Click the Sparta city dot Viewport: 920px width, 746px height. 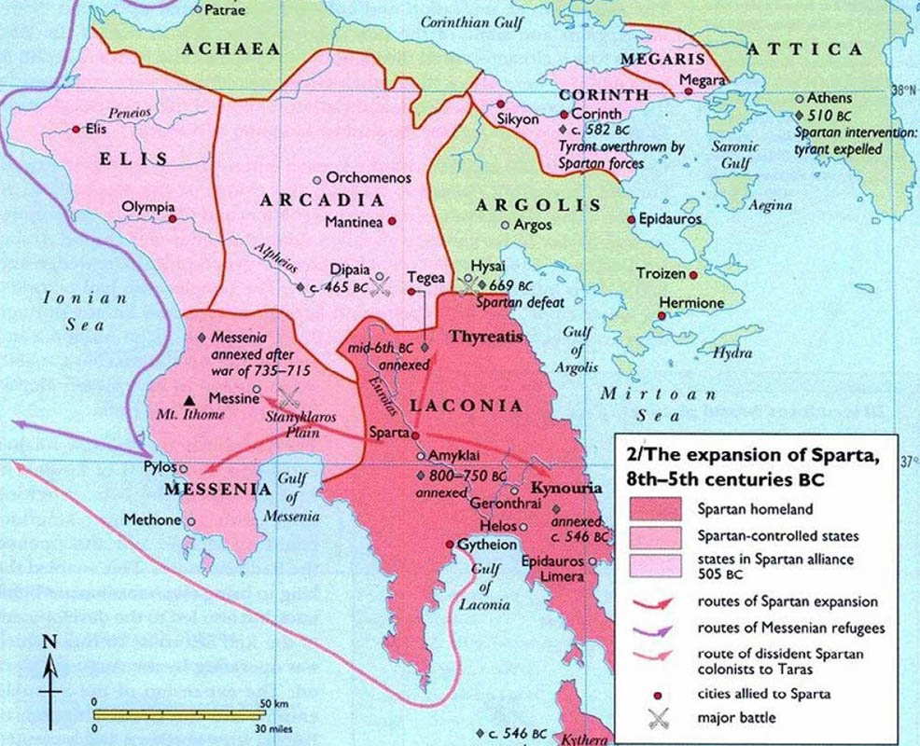[x=415, y=435]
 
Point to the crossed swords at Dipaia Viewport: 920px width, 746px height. [x=378, y=287]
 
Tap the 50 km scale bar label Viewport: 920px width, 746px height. [x=272, y=702]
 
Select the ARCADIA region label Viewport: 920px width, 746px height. [x=323, y=200]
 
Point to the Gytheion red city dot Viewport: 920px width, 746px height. [x=449, y=544]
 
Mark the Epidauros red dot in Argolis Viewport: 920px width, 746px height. [x=631, y=219]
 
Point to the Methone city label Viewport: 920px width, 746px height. [x=152, y=519]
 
